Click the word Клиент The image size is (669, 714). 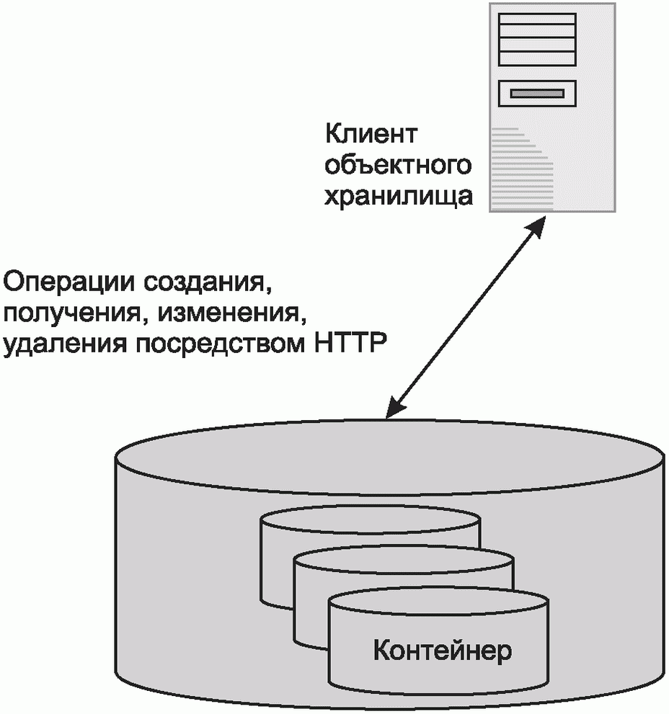click(x=372, y=135)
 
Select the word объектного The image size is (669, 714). click(x=398, y=166)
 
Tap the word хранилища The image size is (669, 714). click(x=399, y=196)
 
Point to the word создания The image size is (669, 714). click(x=206, y=281)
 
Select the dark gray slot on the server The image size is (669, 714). click(x=537, y=92)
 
